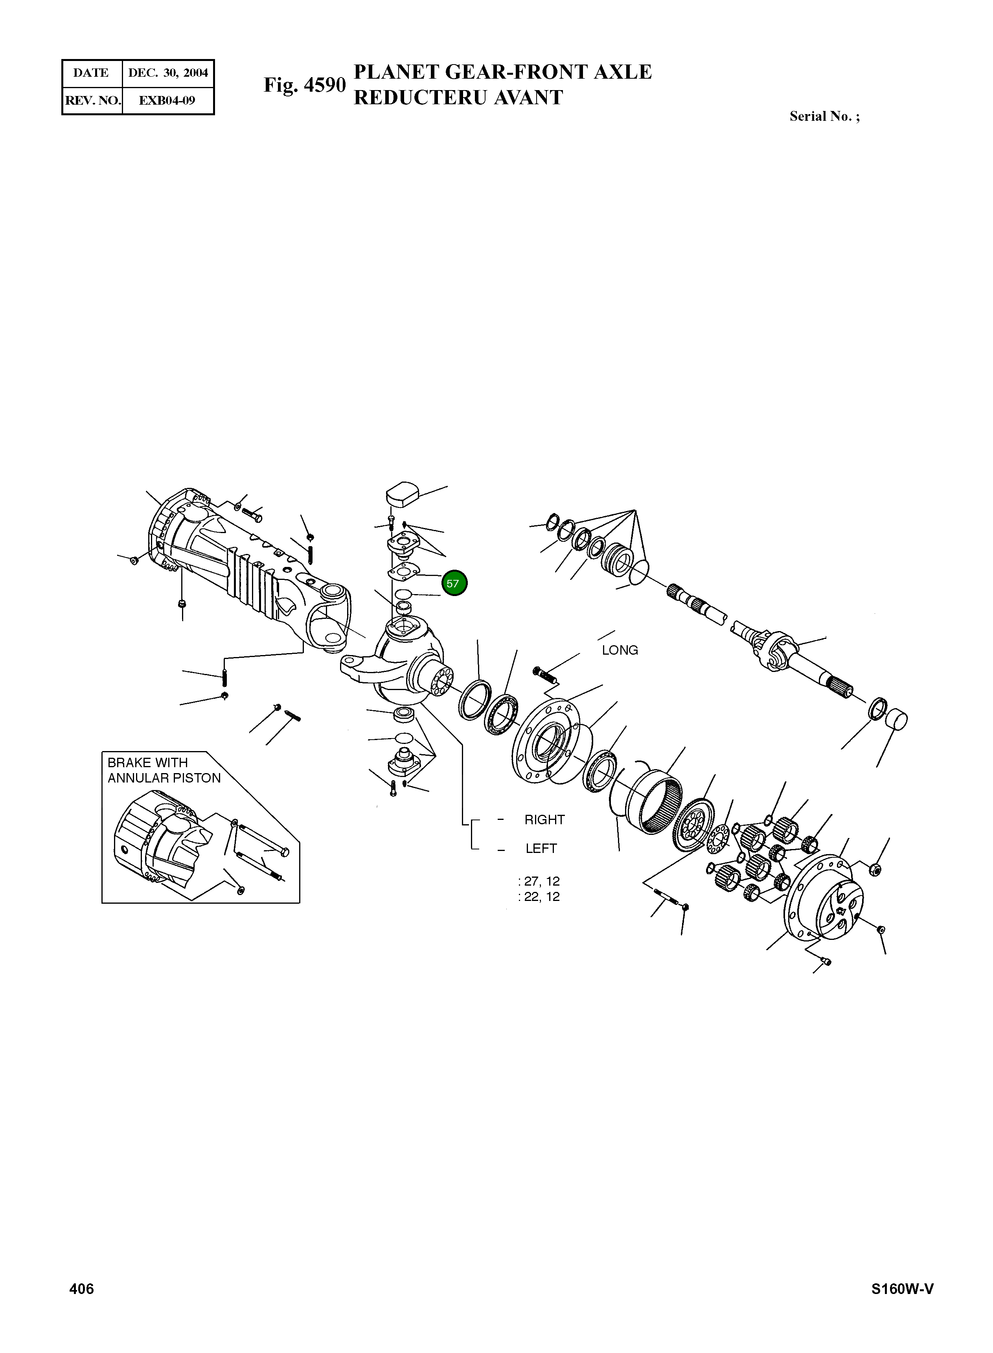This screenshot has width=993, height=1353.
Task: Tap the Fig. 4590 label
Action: point(305,85)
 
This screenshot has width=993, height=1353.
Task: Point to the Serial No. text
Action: point(824,117)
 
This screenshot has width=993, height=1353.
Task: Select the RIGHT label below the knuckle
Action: point(544,820)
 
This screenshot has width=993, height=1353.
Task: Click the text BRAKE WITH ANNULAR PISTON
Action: point(164,770)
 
